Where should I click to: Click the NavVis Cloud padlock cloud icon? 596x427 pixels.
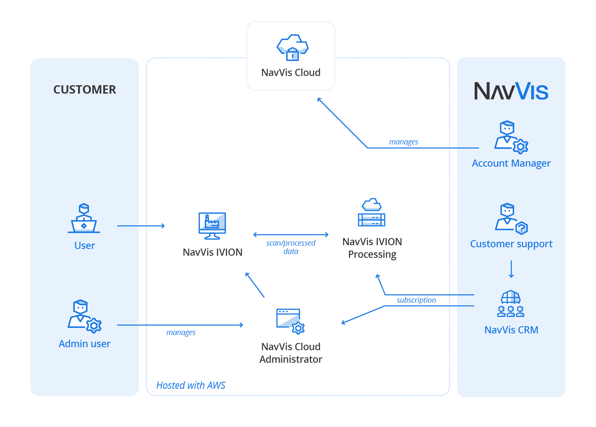tap(293, 47)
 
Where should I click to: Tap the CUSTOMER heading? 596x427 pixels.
tap(84, 89)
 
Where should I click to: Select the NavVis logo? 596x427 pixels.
tap(511, 91)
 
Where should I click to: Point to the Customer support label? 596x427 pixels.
tap(511, 244)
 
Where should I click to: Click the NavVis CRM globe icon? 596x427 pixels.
tap(511, 303)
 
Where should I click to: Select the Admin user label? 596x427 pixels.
tap(84, 344)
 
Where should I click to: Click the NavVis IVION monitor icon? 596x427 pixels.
tap(212, 226)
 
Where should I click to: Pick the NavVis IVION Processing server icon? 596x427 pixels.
tap(371, 213)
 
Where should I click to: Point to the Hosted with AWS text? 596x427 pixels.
tap(191, 385)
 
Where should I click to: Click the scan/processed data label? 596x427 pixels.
tap(291, 247)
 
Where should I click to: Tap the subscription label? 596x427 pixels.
tap(416, 300)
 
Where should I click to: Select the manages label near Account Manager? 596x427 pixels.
tap(403, 142)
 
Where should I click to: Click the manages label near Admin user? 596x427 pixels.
tap(181, 333)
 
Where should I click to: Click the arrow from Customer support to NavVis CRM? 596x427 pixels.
tap(511, 269)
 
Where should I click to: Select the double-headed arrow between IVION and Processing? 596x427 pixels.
tap(291, 235)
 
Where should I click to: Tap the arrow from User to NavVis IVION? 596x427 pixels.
tap(141, 226)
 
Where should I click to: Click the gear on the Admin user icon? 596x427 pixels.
tap(94, 325)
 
